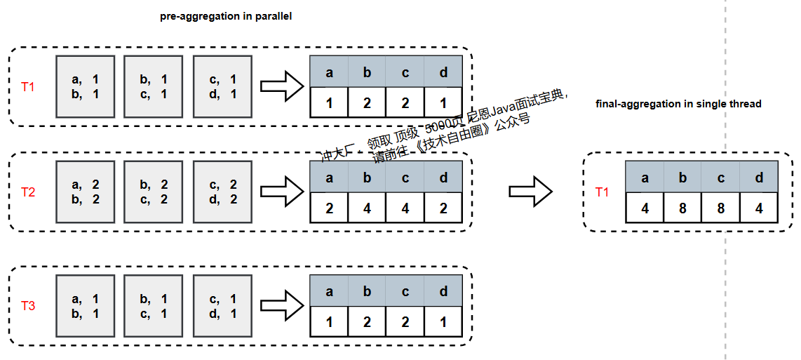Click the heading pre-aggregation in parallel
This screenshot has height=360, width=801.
coord(226,17)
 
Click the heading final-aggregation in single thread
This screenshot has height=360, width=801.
coord(678,104)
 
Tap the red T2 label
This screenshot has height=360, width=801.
coord(28,192)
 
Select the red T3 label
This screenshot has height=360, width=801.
coord(28,306)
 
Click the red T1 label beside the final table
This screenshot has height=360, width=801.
coord(603,192)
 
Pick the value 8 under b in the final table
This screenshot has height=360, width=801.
coord(682,208)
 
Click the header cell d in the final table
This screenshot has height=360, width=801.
coord(759,178)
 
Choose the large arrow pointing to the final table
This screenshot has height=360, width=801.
coord(531,191)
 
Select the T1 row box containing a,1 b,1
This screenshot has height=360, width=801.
coord(86,86)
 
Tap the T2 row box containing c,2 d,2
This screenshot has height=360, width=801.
coord(223,192)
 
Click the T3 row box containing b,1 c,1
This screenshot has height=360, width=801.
coord(154,305)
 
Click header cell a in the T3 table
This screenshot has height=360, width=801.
coord(329,292)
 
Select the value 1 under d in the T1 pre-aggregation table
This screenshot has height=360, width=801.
coord(443,102)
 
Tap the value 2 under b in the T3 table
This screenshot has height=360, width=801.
coord(367,322)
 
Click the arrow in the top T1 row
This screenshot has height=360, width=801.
coord(282,86)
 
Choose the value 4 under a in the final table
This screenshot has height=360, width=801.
coord(645,208)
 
